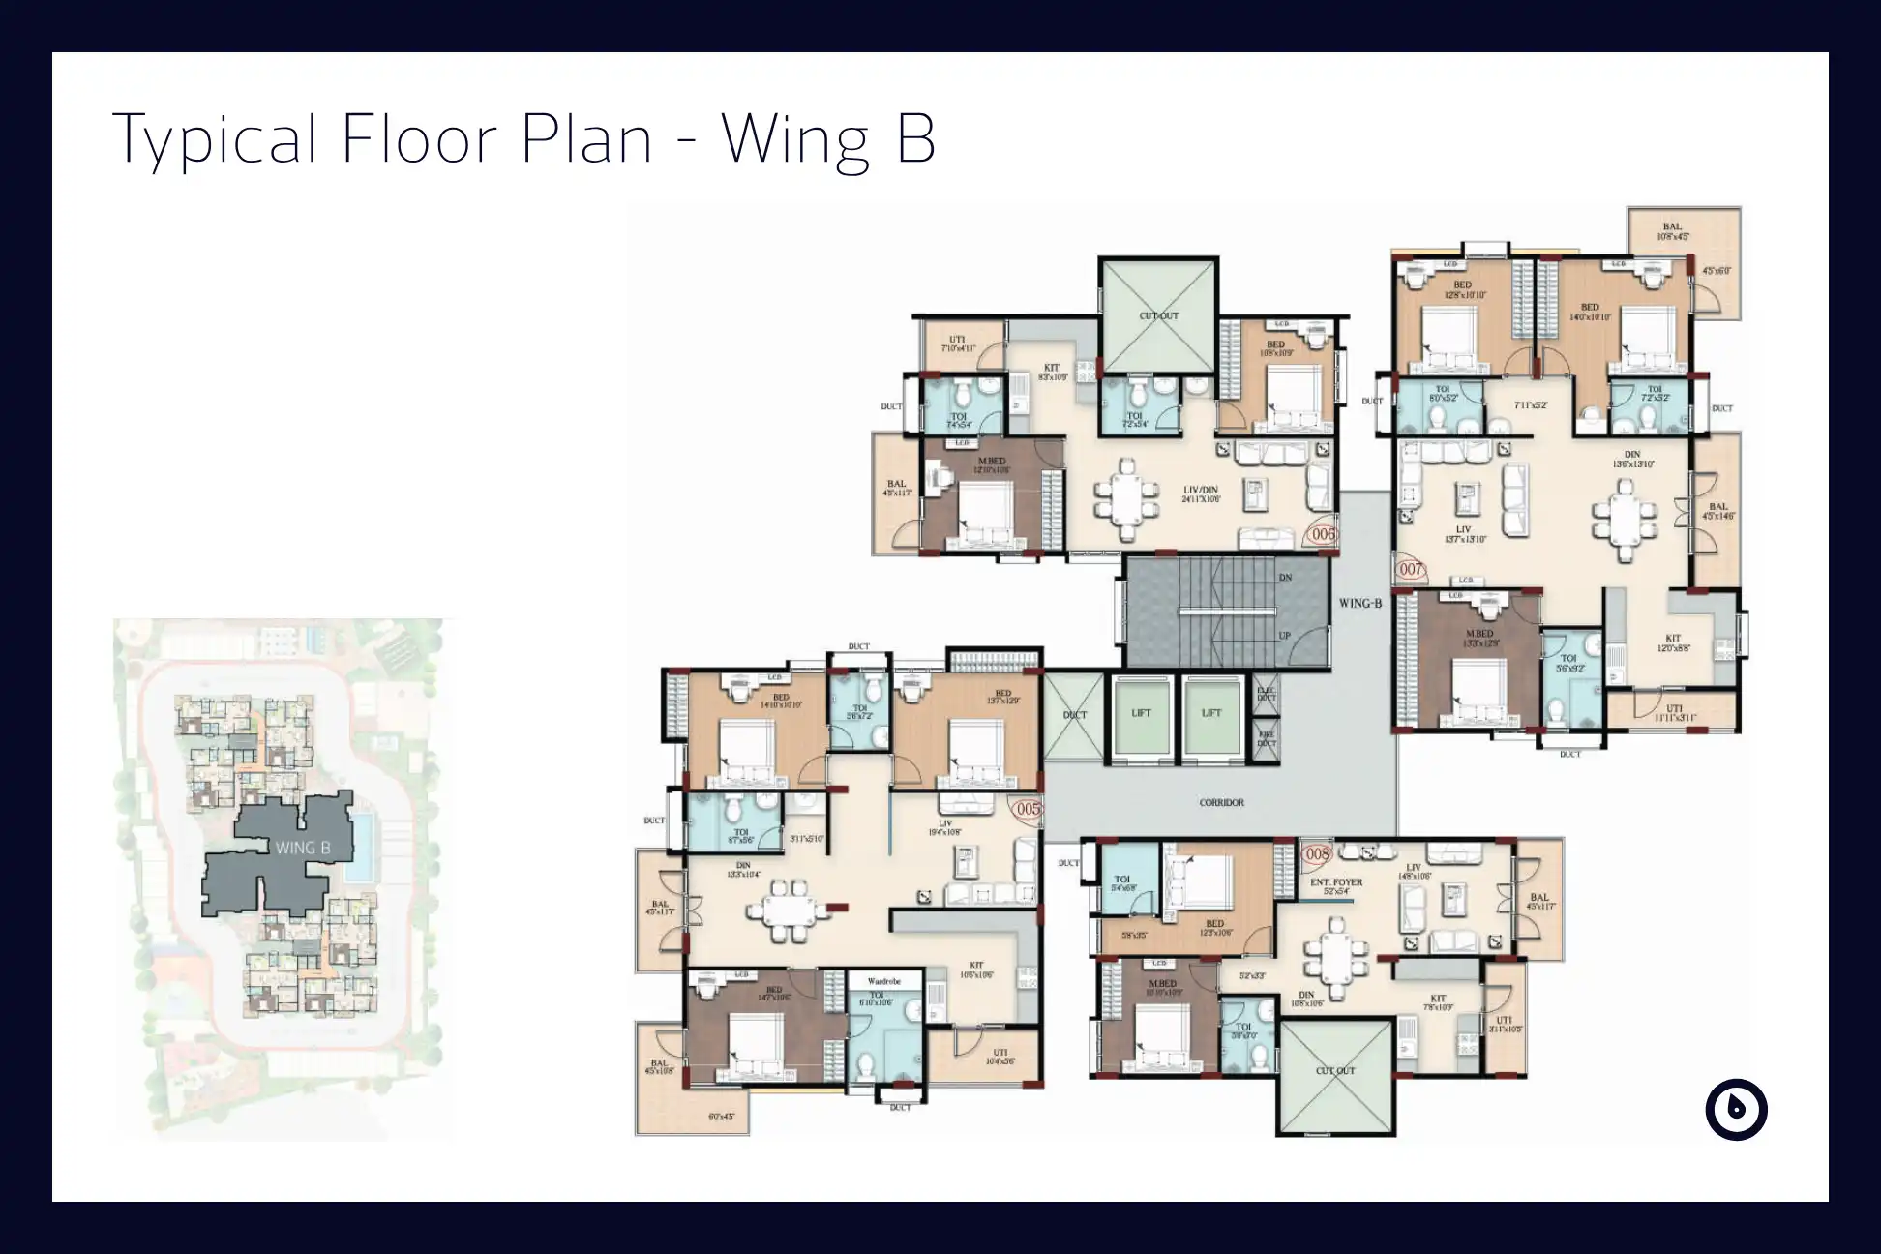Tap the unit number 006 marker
tap(1322, 534)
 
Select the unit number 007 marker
tap(1411, 569)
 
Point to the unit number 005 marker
tap(1027, 808)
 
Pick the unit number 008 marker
tap(1318, 854)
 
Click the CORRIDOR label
tap(1221, 802)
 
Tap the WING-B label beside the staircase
tap(1359, 603)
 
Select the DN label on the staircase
tap(1285, 578)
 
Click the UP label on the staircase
tap(1285, 636)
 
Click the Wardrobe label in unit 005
tap(883, 981)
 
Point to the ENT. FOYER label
tap(1336, 882)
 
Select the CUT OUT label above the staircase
tap(1158, 316)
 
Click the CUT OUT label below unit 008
tap(1335, 1071)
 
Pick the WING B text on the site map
tap(302, 848)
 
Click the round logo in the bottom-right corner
tap(1736, 1109)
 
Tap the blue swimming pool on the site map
tap(362, 847)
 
